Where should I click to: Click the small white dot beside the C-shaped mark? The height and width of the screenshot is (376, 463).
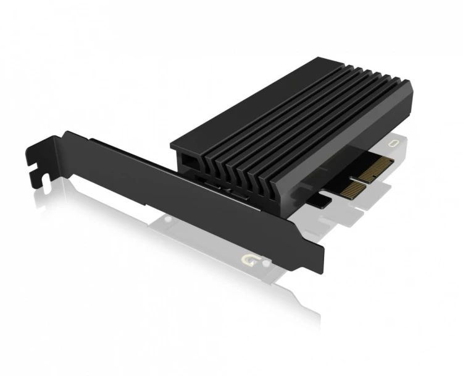[x=265, y=262]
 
